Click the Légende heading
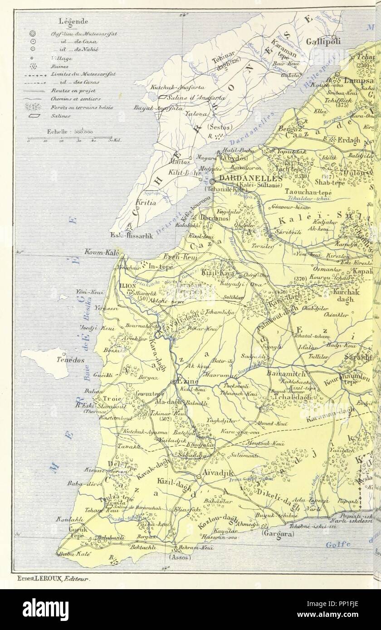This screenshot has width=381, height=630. tap(73, 21)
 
